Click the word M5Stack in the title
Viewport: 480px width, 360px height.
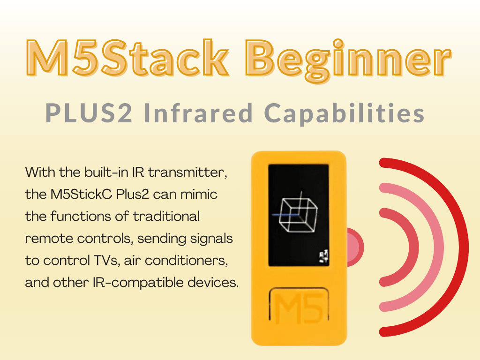tap(128, 58)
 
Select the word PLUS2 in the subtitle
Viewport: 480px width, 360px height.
tap(89, 113)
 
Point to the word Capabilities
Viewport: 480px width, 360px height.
tap(345, 113)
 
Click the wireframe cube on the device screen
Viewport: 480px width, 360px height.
tap(299, 215)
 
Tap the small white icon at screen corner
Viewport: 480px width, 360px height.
tap(323, 256)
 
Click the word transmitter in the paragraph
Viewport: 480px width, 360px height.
tap(187, 172)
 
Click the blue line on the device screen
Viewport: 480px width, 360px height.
tap(285, 215)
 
